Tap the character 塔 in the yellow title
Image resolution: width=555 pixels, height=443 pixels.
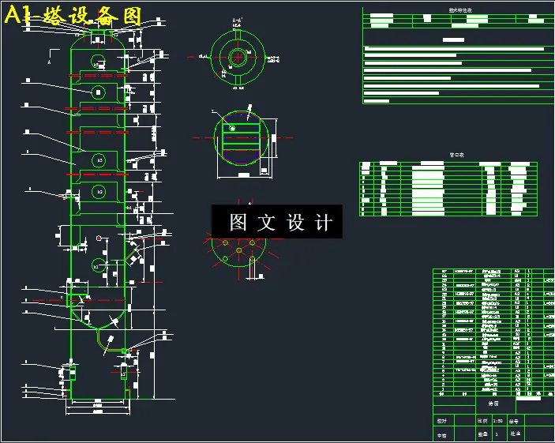click(55, 17)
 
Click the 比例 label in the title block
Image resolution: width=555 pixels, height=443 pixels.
click(483, 421)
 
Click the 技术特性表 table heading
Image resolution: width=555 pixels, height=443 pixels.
click(459, 11)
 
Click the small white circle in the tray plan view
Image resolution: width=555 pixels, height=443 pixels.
click(232, 127)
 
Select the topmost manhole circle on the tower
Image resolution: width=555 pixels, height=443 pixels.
click(97, 60)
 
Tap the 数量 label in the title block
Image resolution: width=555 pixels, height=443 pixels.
click(483, 434)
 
